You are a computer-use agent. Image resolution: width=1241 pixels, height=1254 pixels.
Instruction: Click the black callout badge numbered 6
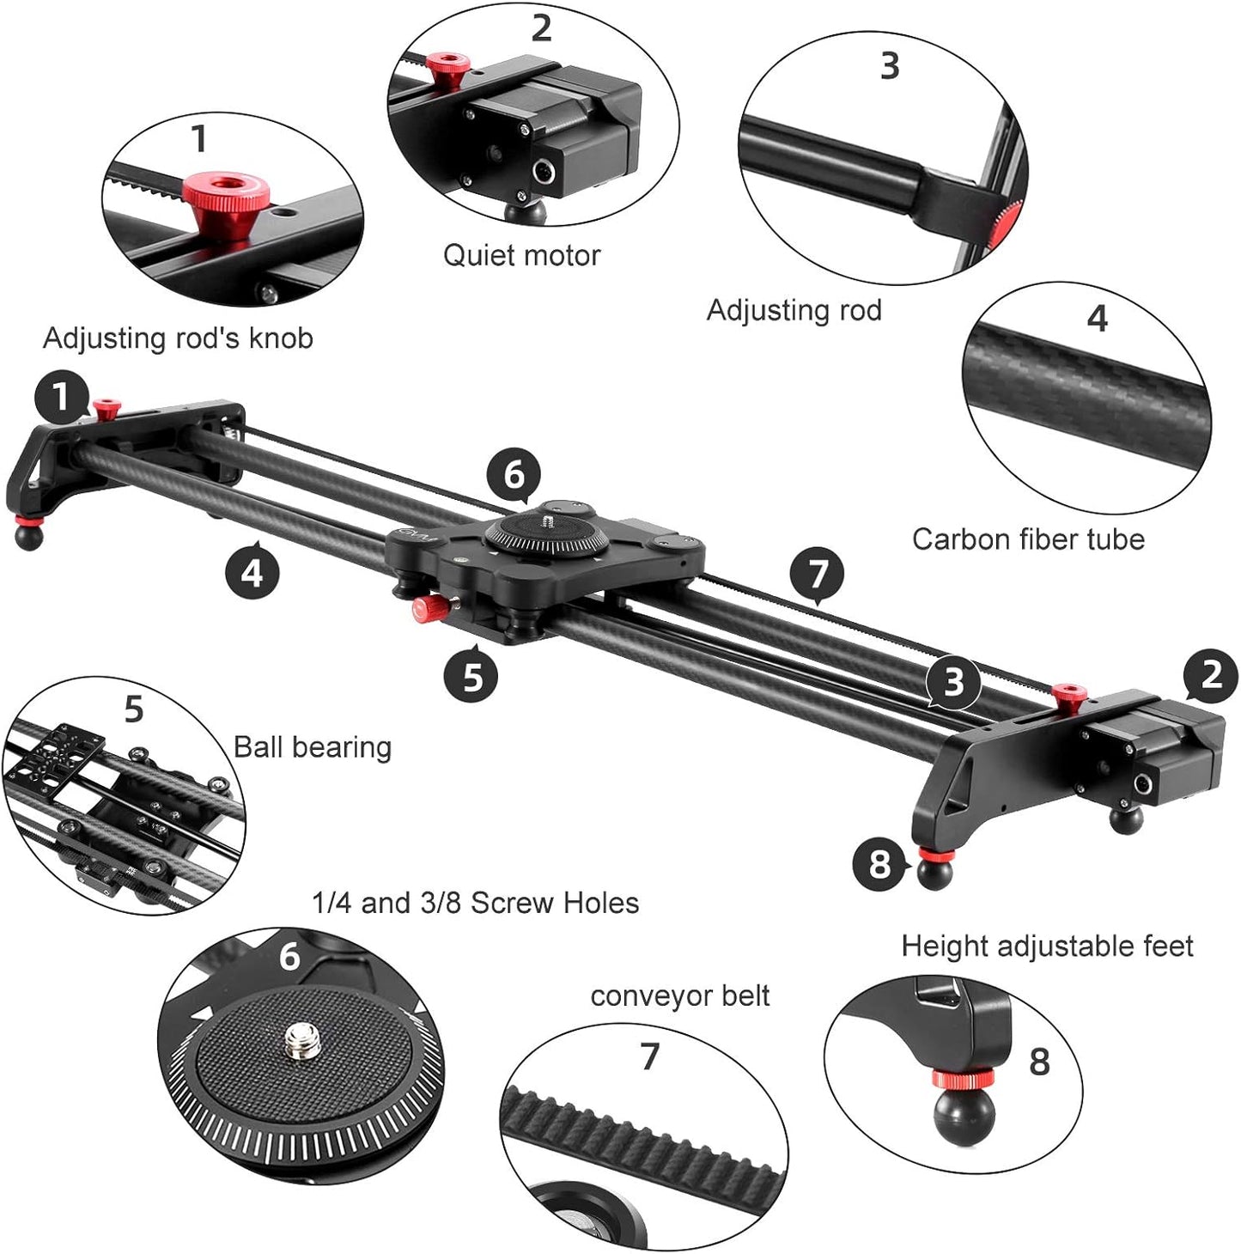click(514, 474)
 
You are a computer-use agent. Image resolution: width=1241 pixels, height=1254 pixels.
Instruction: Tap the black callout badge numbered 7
click(817, 574)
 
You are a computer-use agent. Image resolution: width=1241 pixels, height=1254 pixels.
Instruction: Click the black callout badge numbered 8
click(879, 863)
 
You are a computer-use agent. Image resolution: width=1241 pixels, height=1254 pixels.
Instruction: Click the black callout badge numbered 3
click(953, 682)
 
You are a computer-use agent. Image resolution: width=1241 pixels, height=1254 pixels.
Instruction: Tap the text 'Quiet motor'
click(521, 255)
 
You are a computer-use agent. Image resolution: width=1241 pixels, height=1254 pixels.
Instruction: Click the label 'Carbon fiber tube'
click(1028, 539)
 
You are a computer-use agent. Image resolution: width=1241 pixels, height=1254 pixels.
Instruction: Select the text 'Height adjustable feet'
click(1047, 947)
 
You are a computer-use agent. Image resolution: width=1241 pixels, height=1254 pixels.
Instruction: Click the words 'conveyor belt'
click(679, 996)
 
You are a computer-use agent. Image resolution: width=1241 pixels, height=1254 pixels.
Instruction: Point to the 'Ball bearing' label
click(313, 747)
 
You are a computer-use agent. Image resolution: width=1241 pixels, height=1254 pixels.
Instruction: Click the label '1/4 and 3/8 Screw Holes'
click(475, 904)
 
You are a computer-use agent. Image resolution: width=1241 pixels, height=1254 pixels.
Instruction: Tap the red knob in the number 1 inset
click(226, 190)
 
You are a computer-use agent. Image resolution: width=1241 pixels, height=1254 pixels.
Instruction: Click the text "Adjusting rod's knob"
click(178, 338)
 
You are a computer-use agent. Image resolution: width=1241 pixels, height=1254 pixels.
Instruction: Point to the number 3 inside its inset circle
click(890, 66)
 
